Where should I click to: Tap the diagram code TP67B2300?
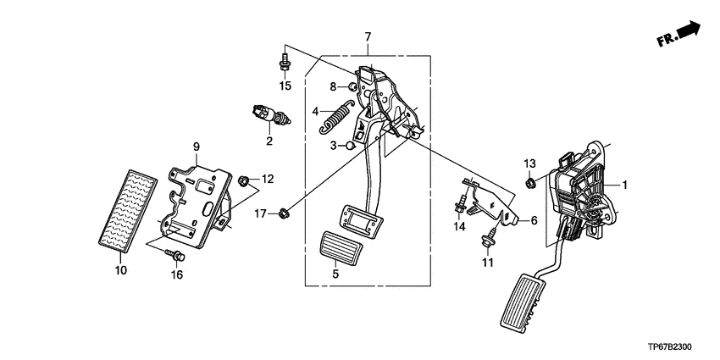point(670,347)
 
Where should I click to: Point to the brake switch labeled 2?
point(270,115)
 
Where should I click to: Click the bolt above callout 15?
point(285,63)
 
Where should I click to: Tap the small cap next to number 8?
point(353,86)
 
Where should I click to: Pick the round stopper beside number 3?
point(351,146)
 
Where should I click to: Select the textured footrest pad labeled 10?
point(128,212)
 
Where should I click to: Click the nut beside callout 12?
point(243,180)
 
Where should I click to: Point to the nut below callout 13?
point(530,184)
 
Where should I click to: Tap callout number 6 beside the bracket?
point(534,220)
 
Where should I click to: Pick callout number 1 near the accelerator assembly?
point(624,185)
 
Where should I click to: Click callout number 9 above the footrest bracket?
point(196,147)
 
